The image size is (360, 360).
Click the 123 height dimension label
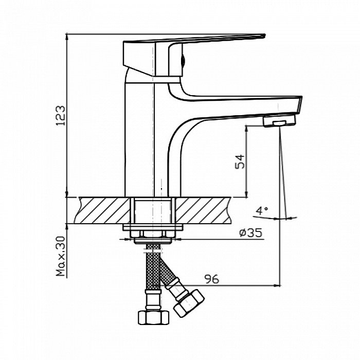[x=61, y=116]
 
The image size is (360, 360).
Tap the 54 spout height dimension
[x=240, y=161]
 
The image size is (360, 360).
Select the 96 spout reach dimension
[x=212, y=279]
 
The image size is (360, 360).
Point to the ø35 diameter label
[x=250, y=233]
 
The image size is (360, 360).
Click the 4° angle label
[x=262, y=210]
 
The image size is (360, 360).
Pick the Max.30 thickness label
[x=61, y=256]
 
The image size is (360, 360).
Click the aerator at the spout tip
[x=279, y=121]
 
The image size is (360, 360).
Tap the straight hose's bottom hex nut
[x=153, y=317]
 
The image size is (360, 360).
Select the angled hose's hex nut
[x=189, y=303]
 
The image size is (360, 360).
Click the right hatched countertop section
[x=203, y=210]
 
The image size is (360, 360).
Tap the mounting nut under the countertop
[x=153, y=234]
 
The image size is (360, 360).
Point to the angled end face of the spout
[x=299, y=105]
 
